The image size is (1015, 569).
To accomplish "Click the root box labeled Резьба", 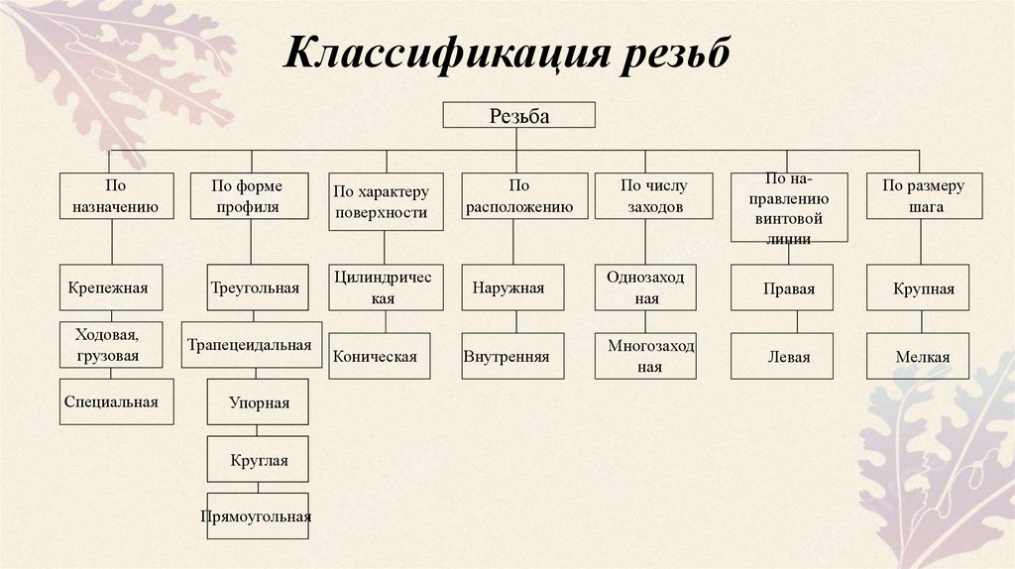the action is [x=518, y=115].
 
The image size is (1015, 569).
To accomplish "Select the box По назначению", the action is [x=111, y=196].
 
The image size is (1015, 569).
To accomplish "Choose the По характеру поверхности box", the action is [x=381, y=201].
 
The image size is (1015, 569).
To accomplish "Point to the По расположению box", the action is [x=512, y=196].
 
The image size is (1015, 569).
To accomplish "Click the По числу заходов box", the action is [x=653, y=196].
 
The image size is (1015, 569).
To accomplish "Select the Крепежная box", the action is [x=108, y=289].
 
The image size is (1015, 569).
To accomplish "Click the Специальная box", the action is [x=110, y=401].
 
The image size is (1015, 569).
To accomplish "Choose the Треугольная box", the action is [x=255, y=289].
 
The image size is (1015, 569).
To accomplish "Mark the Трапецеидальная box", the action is [x=251, y=345].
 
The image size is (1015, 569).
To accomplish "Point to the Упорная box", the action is [x=258, y=402].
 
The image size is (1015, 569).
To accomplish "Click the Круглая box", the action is [x=258, y=459].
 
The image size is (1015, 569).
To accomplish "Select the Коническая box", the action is [x=381, y=357].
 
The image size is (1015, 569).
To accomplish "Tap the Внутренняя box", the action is [x=512, y=357].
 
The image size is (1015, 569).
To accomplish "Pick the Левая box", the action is [x=789, y=357].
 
